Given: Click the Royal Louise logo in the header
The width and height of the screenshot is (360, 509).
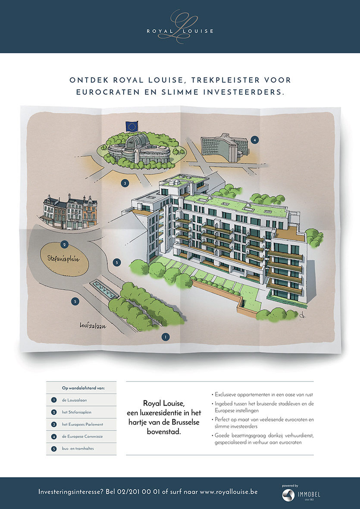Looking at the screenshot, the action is (x=180, y=27).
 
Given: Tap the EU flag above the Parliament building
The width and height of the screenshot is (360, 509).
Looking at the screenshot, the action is (x=131, y=126).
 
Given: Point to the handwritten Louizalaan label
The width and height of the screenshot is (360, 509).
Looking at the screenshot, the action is (x=93, y=326).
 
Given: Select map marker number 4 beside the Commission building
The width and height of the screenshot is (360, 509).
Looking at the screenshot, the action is (x=255, y=140).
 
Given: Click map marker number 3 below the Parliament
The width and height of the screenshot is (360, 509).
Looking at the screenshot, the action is (x=125, y=183).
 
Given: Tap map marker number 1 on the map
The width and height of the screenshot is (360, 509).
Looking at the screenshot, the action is (x=164, y=336).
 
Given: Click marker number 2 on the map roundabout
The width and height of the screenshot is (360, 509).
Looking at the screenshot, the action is (x=64, y=245).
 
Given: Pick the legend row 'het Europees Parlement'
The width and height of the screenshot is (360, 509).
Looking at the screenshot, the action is (x=82, y=425).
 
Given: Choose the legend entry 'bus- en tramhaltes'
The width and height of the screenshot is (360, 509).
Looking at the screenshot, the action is (x=78, y=449).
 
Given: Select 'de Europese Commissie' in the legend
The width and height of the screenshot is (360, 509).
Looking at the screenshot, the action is (x=82, y=437).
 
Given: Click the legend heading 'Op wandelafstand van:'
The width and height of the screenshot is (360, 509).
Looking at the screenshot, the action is (x=83, y=388).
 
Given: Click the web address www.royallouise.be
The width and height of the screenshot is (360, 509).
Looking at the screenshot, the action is (x=229, y=492).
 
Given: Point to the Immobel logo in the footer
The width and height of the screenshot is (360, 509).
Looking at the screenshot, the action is (x=301, y=494).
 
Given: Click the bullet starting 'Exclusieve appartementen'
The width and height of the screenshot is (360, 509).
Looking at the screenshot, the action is (x=263, y=394).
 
